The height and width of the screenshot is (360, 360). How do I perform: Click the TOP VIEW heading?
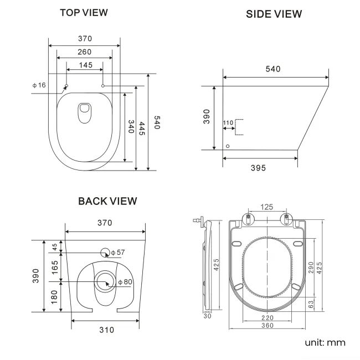pyautogui.click(x=84, y=12)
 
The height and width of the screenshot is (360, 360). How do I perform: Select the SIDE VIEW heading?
pyautogui.click(x=274, y=14)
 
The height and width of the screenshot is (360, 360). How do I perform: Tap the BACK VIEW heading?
pyautogui.click(x=107, y=201)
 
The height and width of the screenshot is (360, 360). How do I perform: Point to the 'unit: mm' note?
pyautogui.click(x=325, y=342)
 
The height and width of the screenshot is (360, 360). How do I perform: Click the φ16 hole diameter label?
pyautogui.click(x=39, y=85)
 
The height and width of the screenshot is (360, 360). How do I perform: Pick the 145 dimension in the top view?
pyautogui.click(x=85, y=65)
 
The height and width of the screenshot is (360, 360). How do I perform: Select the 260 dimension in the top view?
pyautogui.click(x=84, y=52)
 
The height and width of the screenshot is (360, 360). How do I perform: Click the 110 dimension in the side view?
pyautogui.click(x=228, y=122)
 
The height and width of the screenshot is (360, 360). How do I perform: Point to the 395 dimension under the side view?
pyautogui.click(x=258, y=168)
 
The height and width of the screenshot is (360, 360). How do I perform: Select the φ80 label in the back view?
pyautogui.click(x=125, y=282)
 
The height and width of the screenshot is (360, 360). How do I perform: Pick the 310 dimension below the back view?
pyautogui.click(x=106, y=330)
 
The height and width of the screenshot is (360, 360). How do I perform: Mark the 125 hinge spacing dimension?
pyautogui.click(x=266, y=207)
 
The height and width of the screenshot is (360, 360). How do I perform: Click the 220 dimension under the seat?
pyautogui.click(x=268, y=318)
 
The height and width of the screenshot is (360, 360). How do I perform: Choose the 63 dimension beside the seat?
pyautogui.click(x=311, y=304)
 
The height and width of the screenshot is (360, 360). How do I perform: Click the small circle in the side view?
pyautogui.click(x=227, y=146)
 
